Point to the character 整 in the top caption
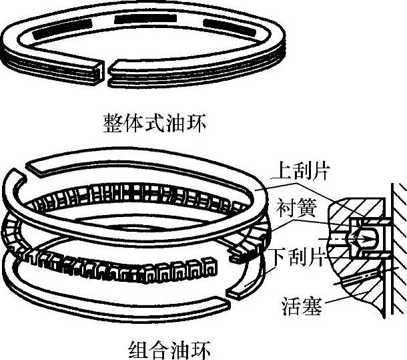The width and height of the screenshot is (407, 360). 110,123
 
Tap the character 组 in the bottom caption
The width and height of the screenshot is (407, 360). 135,349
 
